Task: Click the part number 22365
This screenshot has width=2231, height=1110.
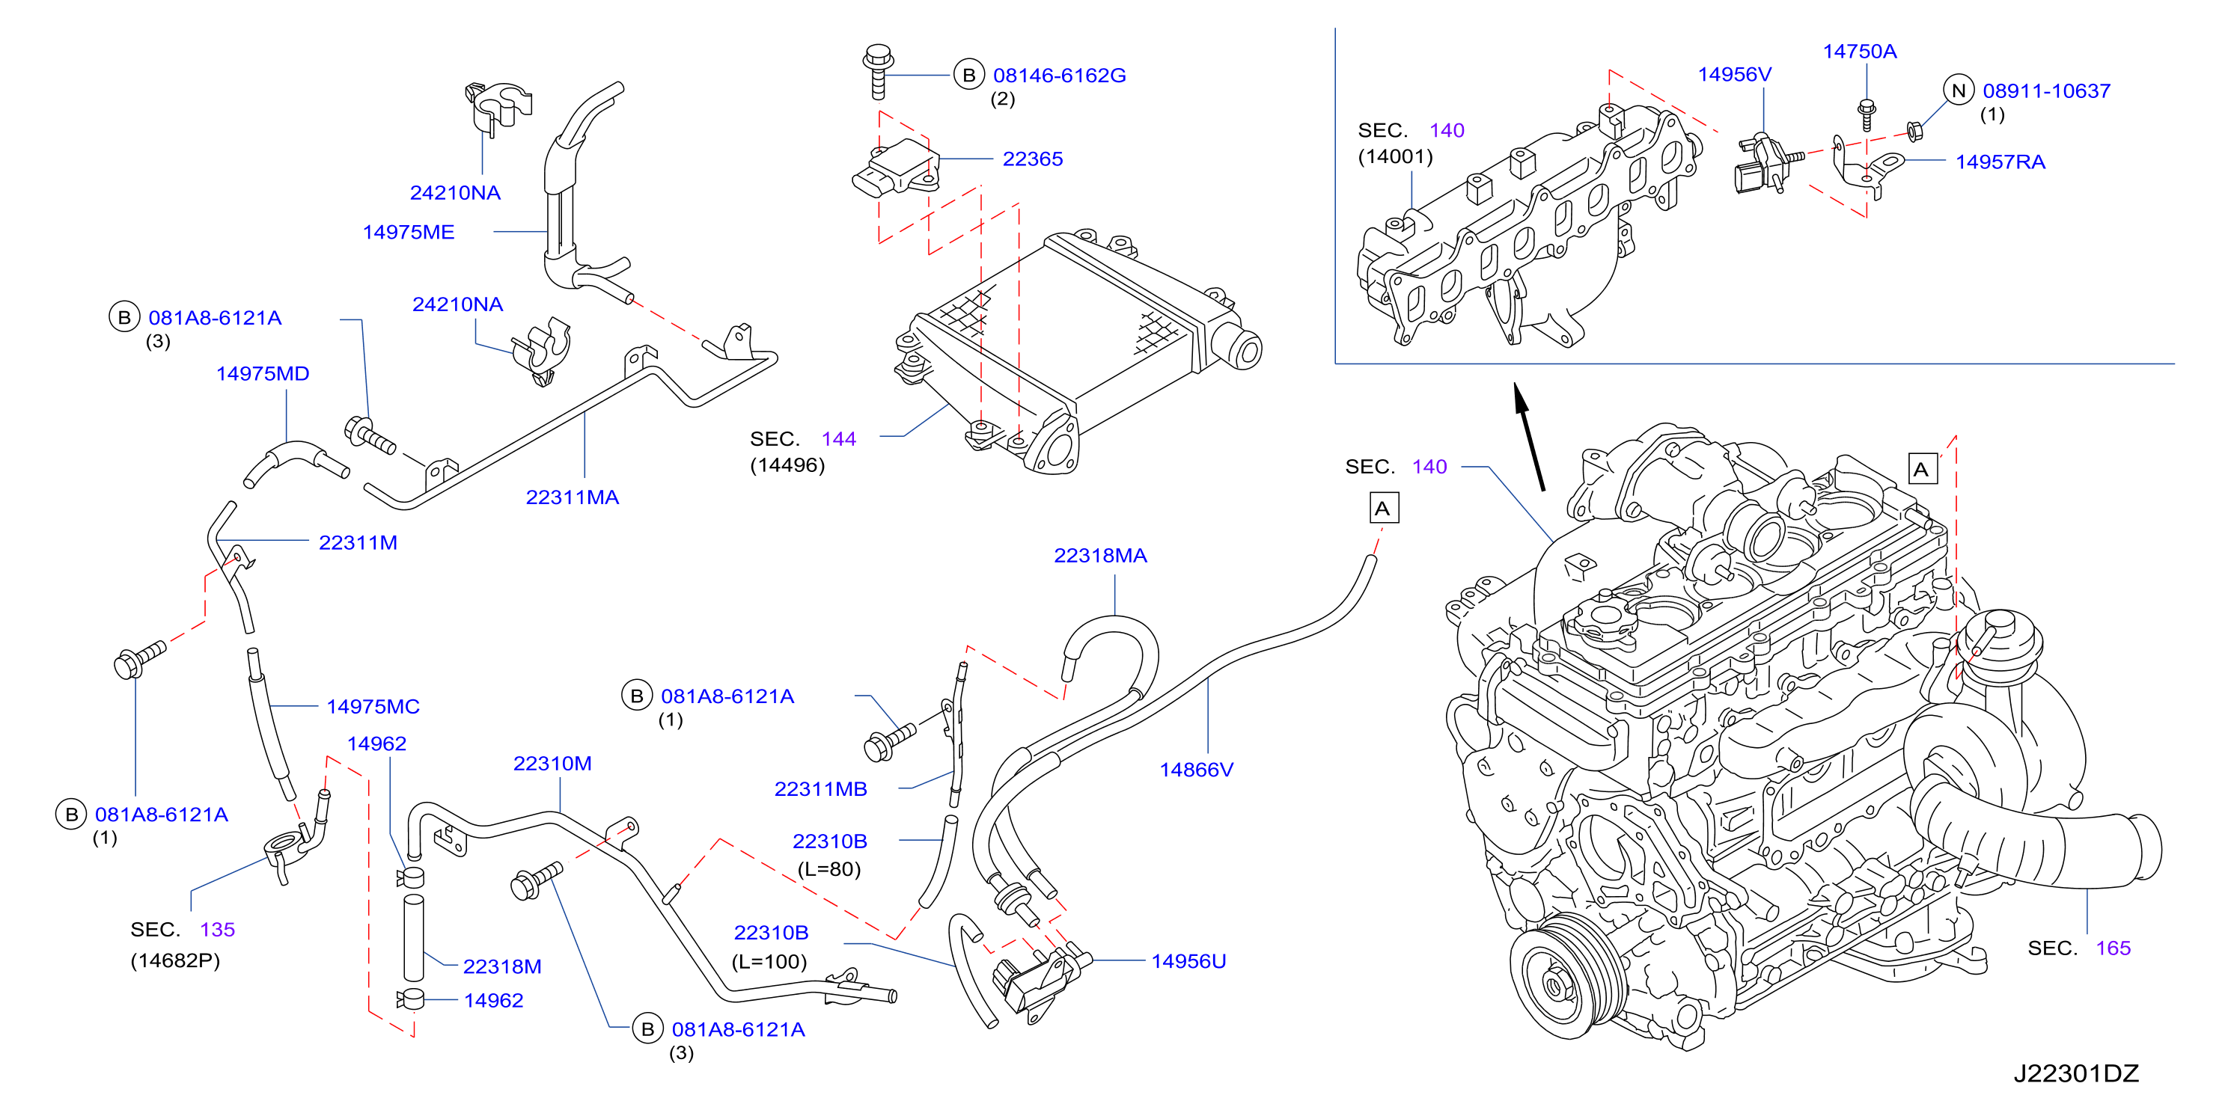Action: point(1032,159)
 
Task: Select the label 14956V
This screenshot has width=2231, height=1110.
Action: point(1734,75)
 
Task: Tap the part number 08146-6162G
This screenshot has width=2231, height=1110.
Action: point(1059,76)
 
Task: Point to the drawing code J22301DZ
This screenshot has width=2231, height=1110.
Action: point(2075,1073)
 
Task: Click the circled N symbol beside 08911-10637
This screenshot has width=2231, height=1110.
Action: point(1958,90)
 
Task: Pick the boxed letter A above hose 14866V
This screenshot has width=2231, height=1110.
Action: point(1383,508)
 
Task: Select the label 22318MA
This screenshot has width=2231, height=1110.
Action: point(1100,556)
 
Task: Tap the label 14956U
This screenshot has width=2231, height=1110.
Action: point(1188,961)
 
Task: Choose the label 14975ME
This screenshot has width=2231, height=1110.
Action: point(408,232)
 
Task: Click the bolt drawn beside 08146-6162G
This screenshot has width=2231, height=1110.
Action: point(877,71)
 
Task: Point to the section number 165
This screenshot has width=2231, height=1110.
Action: point(2114,948)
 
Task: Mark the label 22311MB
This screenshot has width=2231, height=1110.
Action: point(820,789)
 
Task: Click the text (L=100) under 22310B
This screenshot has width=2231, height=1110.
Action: point(769,961)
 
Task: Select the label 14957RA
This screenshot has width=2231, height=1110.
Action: point(2000,162)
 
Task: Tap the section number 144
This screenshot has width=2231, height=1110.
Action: point(838,439)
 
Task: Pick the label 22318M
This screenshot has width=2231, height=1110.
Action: point(501,966)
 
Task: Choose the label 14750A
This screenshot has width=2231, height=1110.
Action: point(1860,51)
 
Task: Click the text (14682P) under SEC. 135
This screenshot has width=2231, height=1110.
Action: point(175,960)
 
